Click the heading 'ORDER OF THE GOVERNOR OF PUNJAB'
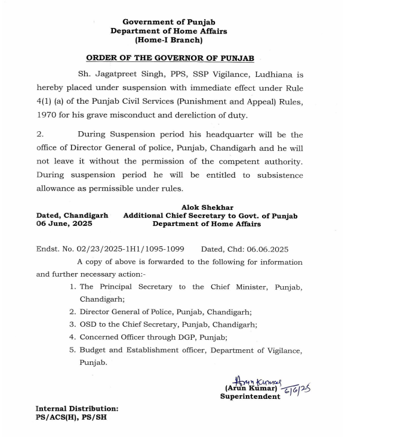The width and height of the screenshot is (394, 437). (x=170, y=58)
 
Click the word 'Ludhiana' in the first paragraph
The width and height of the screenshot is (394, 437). (x=280, y=75)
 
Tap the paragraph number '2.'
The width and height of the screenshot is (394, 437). (x=39, y=135)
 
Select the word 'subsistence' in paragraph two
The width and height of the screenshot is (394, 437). (x=280, y=175)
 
